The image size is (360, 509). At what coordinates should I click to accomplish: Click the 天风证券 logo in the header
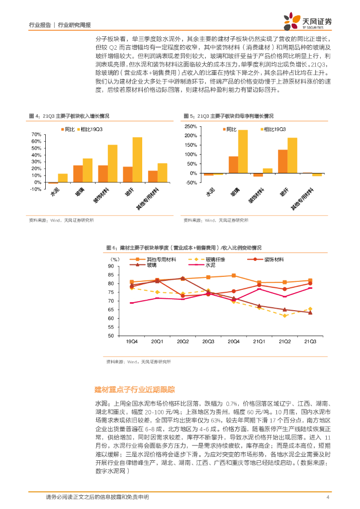(308, 21)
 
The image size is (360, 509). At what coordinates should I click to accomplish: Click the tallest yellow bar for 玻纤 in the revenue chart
(137, 160)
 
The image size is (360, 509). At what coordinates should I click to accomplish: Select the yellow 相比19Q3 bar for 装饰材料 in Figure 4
(112, 164)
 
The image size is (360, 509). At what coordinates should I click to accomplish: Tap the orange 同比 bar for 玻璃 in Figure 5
(233, 165)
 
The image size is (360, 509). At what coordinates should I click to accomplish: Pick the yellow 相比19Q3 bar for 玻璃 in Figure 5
(243, 152)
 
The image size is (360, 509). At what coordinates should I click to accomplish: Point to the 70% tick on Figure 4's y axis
(36, 135)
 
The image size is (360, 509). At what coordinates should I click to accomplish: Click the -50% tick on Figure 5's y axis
(191, 183)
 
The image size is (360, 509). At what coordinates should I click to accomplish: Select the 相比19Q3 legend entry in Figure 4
(91, 129)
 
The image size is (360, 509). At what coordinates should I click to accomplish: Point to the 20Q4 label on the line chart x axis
(233, 341)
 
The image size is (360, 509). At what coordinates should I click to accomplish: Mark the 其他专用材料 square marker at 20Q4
(234, 275)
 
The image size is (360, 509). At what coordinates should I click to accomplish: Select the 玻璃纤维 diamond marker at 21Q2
(285, 316)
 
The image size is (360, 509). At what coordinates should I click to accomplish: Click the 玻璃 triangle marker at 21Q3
(310, 312)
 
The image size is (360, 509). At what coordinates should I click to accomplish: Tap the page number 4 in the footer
(328, 498)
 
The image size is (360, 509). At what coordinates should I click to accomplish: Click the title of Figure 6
(184, 247)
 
